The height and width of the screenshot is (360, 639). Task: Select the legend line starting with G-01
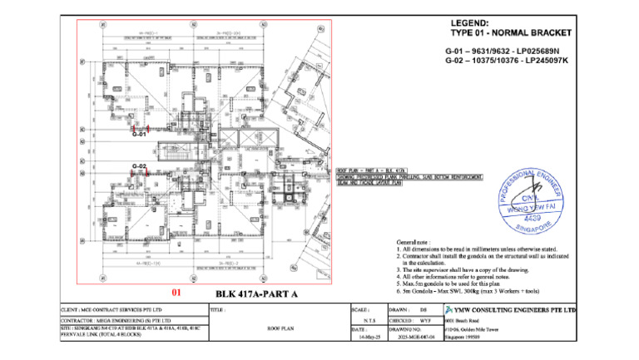pos(506,52)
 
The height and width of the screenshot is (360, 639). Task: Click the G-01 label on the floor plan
pos(139,134)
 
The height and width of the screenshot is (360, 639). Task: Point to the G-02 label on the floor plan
pos(139,166)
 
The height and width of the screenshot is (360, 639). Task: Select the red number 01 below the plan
pos(176,293)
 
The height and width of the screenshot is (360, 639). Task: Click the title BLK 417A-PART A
pos(256,293)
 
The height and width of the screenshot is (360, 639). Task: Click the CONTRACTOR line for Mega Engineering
pos(116,319)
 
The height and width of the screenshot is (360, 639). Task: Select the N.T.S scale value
pos(367,319)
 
